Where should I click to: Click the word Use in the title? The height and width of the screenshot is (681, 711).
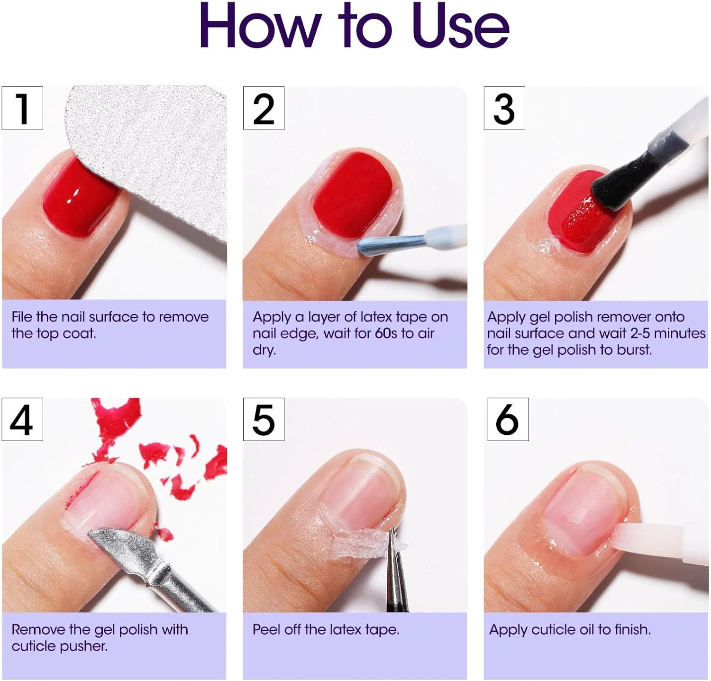point(460,26)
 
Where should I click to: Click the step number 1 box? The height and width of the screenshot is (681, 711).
point(22,108)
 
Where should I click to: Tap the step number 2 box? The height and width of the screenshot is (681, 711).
point(264,108)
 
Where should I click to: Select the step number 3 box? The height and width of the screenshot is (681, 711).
point(504,108)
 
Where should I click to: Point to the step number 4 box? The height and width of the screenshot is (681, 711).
point(22,420)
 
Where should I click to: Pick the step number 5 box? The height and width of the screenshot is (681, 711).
point(264,420)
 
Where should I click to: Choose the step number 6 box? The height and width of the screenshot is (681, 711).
point(508,420)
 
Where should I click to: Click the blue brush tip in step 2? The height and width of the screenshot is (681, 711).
point(379,243)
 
